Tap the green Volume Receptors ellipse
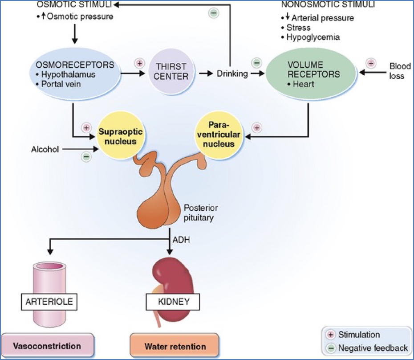[307, 74]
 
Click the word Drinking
[232, 74]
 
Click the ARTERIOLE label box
[49, 302]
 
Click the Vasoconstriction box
[47, 346]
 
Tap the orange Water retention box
[175, 346]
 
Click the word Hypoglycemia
[313, 37]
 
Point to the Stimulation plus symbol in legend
[331, 335]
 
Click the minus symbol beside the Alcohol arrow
[86, 156]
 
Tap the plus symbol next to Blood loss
[370, 63]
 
